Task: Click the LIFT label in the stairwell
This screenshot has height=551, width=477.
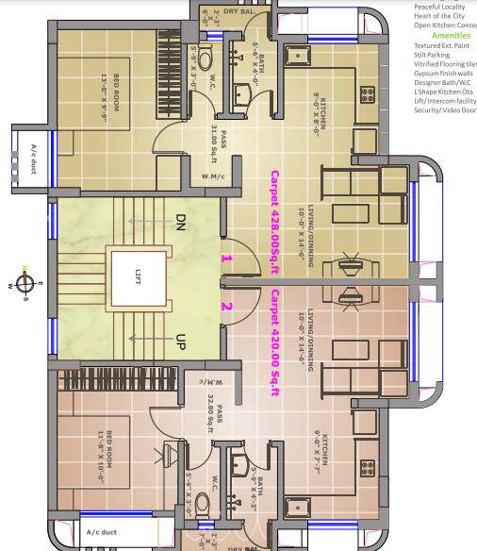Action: (138, 275)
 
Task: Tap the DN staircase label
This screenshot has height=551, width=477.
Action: (181, 223)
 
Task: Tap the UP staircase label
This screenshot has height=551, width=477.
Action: (181, 340)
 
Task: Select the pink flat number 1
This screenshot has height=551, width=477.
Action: (225, 257)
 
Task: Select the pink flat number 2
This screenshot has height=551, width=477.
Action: (225, 306)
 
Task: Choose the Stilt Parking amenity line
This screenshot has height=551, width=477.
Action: (433, 55)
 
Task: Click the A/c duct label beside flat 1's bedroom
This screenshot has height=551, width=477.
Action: (34, 153)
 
